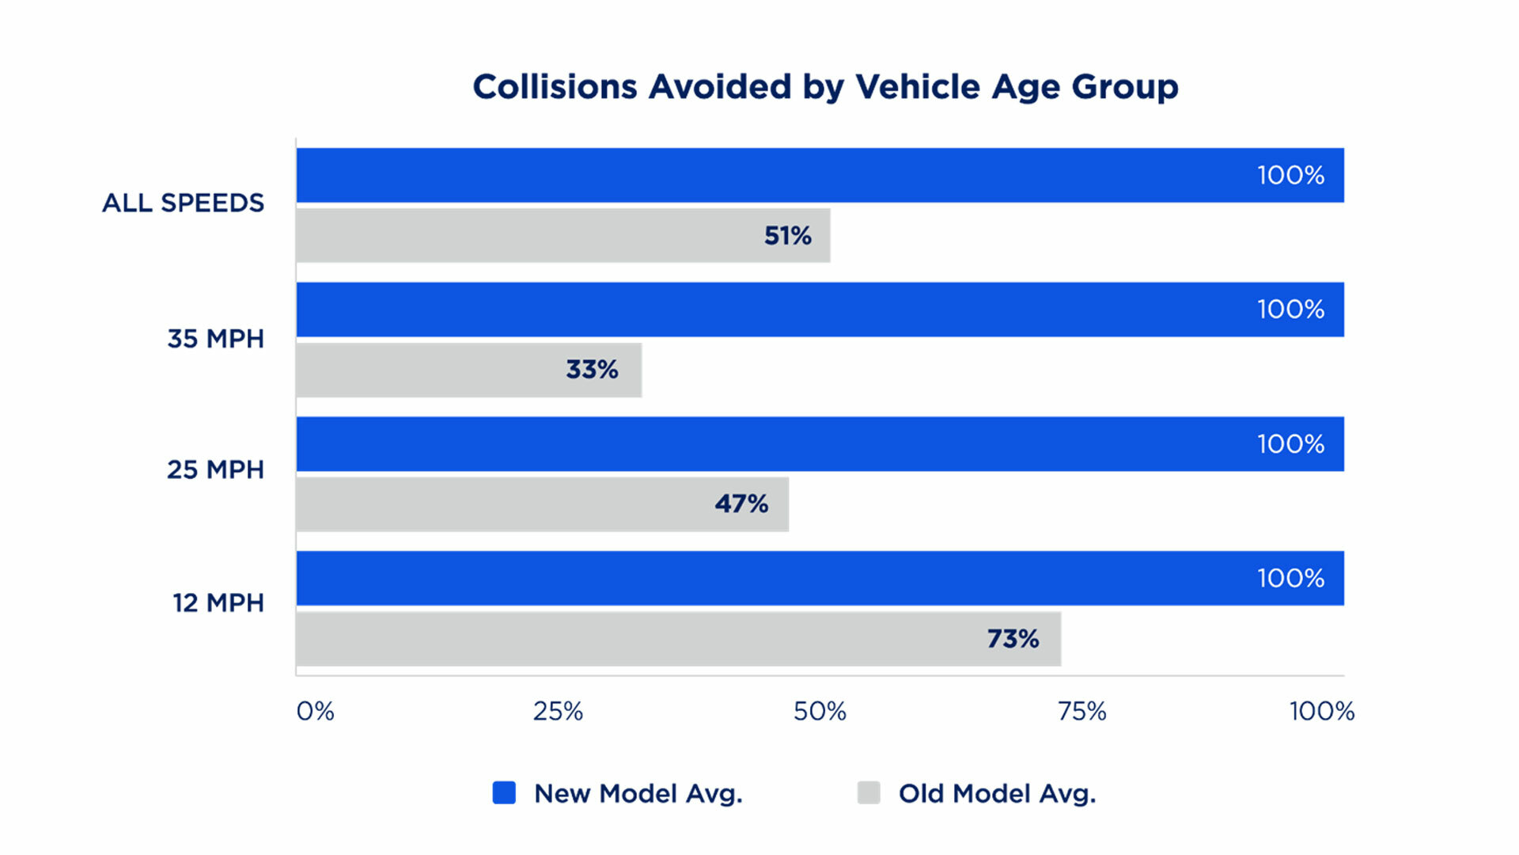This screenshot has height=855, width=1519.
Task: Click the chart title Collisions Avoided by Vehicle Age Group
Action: click(x=825, y=86)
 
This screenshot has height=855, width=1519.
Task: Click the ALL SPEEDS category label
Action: click(x=184, y=203)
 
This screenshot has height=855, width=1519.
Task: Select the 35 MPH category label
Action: click(x=215, y=339)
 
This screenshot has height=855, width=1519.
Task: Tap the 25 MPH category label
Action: click(x=215, y=469)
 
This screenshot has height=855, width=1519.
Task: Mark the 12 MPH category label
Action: click(x=218, y=603)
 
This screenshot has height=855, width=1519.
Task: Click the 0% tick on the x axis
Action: click(x=315, y=711)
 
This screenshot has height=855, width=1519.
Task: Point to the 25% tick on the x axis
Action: click(x=558, y=711)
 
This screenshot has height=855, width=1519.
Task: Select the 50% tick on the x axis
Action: click(x=820, y=711)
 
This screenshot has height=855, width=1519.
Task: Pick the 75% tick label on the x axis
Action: click(x=1081, y=711)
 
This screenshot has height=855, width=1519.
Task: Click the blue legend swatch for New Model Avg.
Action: click(x=504, y=792)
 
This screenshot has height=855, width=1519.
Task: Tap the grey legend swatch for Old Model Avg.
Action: click(x=869, y=792)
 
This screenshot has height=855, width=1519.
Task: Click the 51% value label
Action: click(x=787, y=235)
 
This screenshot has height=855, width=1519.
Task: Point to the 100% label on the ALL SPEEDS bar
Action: click(x=1290, y=175)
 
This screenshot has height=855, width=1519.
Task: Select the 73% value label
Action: click(x=1013, y=639)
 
